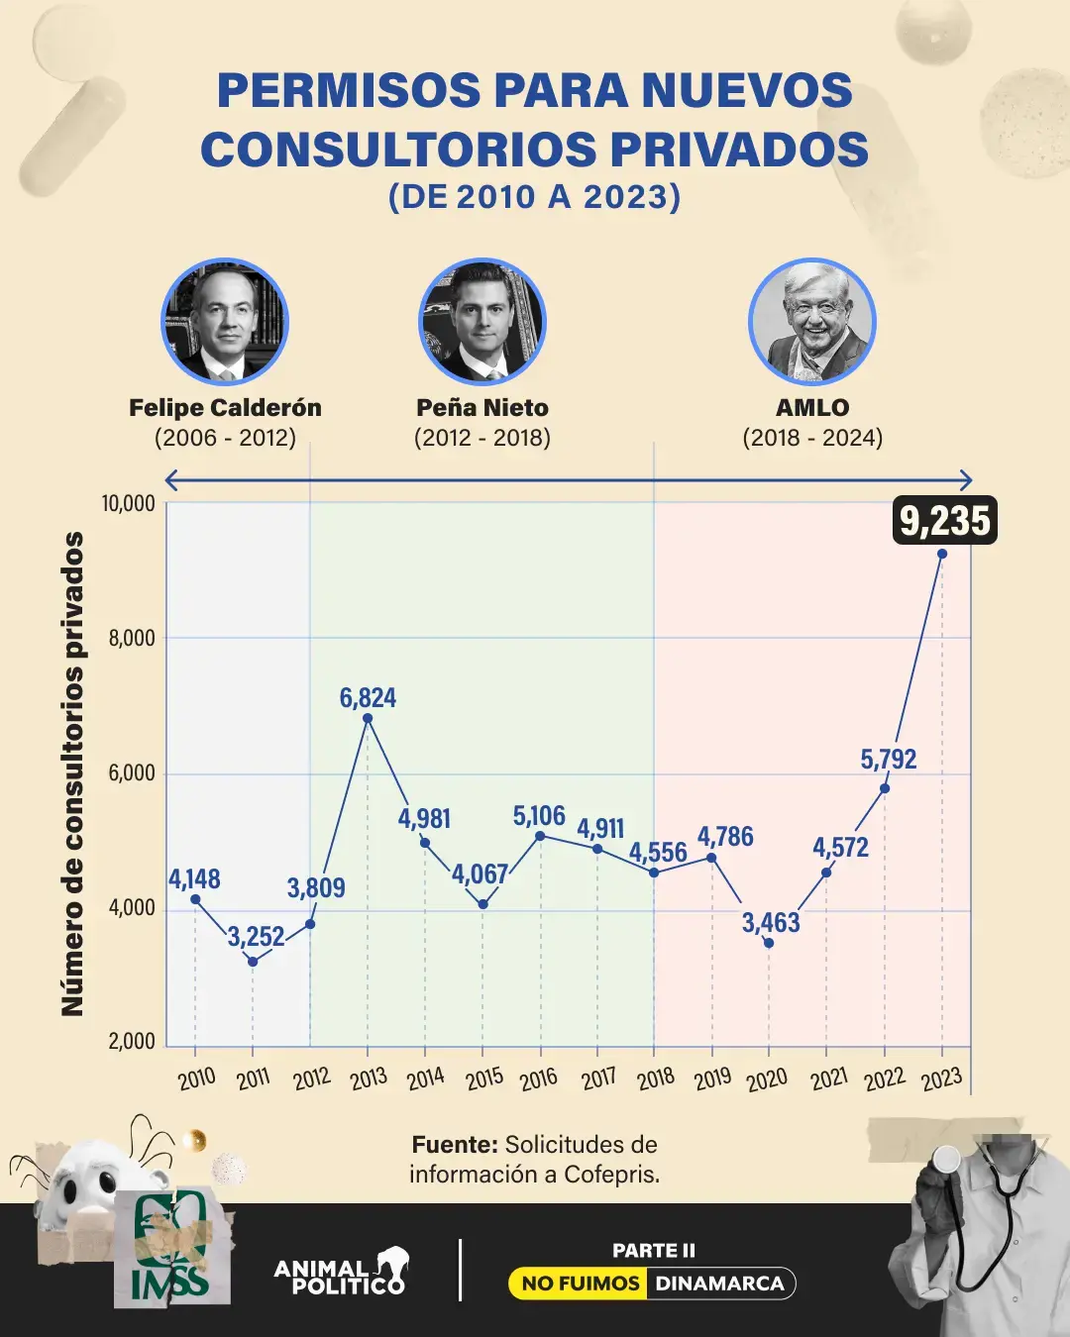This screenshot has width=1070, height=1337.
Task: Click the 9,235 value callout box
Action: pos(944,520)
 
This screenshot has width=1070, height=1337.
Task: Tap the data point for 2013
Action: pos(368,718)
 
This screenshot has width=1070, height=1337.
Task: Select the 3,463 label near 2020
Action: pos(771,923)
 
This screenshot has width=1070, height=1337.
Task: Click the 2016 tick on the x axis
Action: pos(539,1078)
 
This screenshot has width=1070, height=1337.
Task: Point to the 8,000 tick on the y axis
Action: pos(131,638)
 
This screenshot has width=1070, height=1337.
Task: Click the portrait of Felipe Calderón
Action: pos(225,322)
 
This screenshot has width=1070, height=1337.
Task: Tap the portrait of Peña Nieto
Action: pos(482,322)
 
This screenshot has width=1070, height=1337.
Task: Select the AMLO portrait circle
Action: pos(812,322)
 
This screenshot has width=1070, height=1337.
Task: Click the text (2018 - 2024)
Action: pos(812,438)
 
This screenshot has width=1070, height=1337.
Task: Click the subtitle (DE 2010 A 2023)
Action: pos(535,196)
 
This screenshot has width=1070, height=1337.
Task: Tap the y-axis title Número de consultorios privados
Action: pos(72,772)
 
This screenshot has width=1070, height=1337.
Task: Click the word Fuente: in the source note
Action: pos(455,1145)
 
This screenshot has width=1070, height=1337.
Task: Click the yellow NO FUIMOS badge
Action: pos(580,1284)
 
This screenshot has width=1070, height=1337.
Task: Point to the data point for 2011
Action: pos(253,962)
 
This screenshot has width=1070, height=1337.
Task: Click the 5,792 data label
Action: pos(889,760)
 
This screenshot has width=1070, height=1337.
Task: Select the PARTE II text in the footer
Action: pos(653,1251)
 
